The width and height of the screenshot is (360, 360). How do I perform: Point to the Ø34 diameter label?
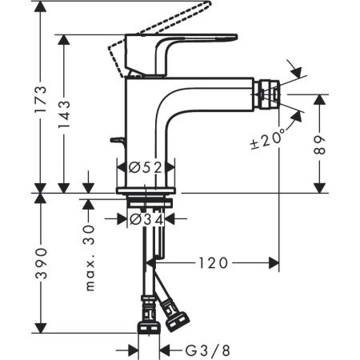[x=146, y=217]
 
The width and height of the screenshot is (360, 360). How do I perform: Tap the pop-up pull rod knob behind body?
[x=118, y=142]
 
